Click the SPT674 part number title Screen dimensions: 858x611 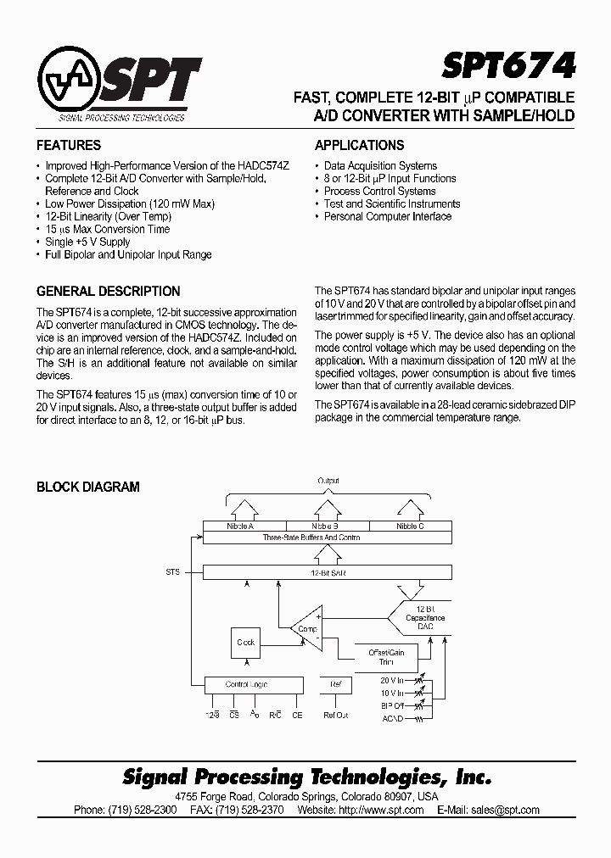click(508, 64)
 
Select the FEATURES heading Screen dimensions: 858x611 click(69, 145)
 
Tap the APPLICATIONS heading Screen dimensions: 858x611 click(359, 145)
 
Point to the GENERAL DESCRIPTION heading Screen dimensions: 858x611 click(108, 291)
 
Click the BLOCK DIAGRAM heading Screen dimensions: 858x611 click(87, 487)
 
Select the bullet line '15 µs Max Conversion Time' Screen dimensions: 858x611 click(107, 229)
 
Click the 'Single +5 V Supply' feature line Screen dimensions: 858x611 click(87, 242)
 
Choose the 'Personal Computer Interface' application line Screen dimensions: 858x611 click(387, 216)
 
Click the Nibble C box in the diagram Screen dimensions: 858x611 click(410, 526)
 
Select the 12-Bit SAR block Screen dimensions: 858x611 click(328, 573)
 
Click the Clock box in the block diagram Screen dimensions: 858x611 click(246, 643)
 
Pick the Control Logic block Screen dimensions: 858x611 click(253, 683)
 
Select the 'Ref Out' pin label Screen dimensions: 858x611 click(336, 716)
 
